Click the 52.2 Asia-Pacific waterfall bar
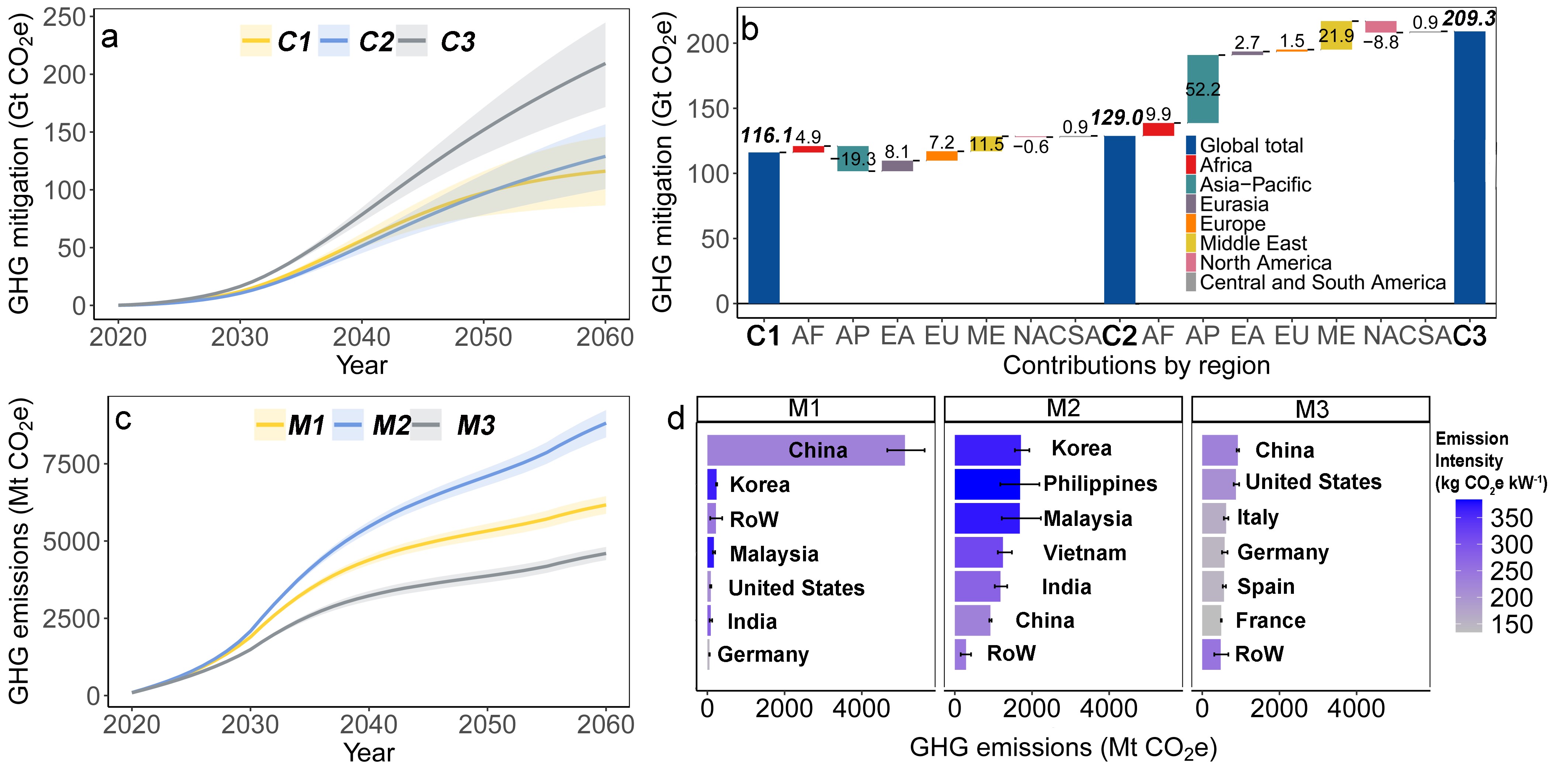1202,89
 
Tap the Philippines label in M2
1100,484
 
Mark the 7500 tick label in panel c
71,465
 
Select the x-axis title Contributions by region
1136,365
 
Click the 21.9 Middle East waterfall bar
1336,35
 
